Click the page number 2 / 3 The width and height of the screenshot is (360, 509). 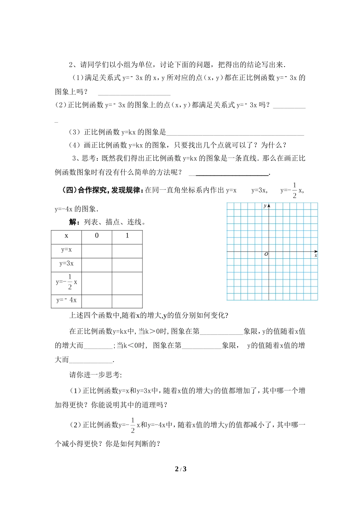(180, 469)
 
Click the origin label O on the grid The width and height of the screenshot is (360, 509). (266, 254)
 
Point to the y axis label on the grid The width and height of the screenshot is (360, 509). (265, 206)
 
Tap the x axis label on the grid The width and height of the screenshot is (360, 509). (316, 256)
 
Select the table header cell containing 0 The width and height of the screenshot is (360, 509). (97, 236)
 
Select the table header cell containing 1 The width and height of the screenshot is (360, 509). (127, 236)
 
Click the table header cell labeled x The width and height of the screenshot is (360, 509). (66, 236)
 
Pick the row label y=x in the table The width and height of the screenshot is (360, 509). (66, 250)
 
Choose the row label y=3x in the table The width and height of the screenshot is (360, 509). (66, 264)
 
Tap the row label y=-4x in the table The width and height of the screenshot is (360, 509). (66, 300)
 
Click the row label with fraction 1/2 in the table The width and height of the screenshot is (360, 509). (67, 282)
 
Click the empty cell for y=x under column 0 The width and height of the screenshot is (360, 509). (97, 250)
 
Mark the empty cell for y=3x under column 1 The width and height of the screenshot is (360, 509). (127, 265)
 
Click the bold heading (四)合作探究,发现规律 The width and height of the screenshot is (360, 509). (103, 190)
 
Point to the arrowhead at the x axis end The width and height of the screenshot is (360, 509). (316, 251)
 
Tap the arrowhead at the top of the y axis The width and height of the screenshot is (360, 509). (269, 205)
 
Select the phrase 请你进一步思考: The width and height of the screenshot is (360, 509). (95, 375)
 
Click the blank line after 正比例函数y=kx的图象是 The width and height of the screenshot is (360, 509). (235, 134)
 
